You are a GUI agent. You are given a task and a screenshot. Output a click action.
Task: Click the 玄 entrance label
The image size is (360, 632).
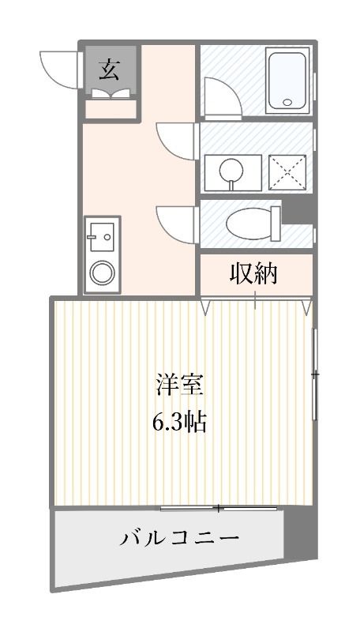pyautogui.click(x=111, y=70)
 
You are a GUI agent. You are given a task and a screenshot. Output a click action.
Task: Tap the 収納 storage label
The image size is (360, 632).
pyautogui.click(x=254, y=273)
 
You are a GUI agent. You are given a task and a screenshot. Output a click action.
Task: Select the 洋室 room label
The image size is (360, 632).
pyautogui.click(x=180, y=387)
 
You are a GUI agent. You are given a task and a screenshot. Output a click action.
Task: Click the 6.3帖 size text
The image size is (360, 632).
pyautogui.click(x=180, y=423)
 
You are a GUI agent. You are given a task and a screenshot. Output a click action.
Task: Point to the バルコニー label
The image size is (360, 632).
pyautogui.click(x=180, y=539)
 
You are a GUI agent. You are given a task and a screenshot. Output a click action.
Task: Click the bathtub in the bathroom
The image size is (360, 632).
pyautogui.click(x=289, y=79)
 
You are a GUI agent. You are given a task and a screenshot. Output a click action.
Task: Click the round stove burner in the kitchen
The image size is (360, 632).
pyautogui.click(x=101, y=273)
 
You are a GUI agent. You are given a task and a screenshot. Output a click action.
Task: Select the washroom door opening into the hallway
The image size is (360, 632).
pyautogui.click(x=175, y=139)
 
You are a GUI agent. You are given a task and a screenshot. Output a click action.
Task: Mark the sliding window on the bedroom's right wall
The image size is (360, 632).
pyautogui.click(x=315, y=374)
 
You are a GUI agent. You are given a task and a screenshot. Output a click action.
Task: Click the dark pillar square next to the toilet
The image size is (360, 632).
pyautogui.click(x=297, y=212)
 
